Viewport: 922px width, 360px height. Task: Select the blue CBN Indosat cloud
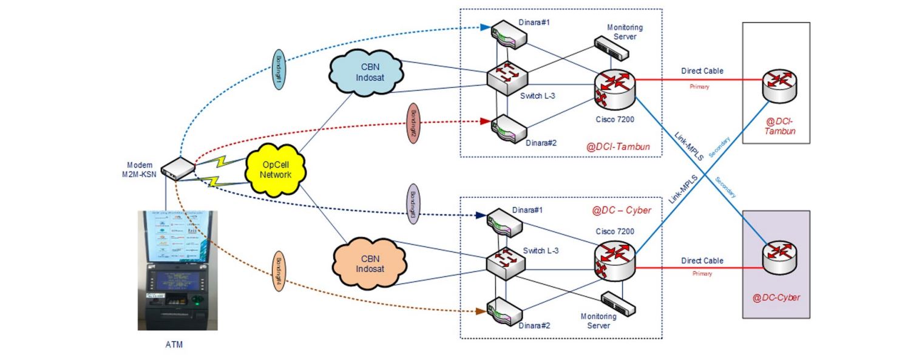(365, 74)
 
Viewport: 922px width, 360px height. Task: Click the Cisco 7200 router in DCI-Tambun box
(615, 89)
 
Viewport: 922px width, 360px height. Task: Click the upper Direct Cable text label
(702, 71)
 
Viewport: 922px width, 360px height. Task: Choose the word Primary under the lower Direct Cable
(702, 274)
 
